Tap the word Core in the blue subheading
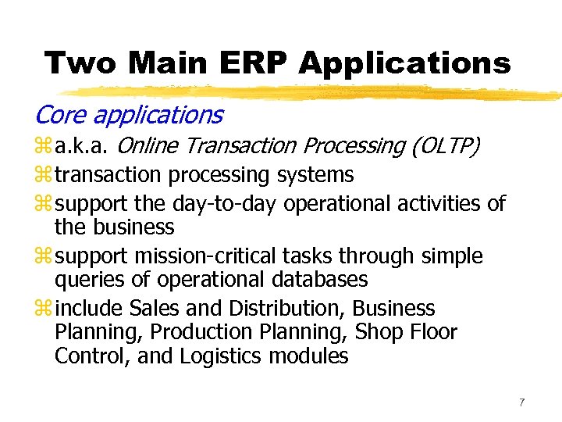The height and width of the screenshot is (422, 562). tap(61, 116)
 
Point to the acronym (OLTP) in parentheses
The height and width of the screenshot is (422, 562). tap(441, 146)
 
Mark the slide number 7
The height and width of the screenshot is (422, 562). tap(522, 402)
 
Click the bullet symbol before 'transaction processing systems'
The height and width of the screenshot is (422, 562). tap(41, 175)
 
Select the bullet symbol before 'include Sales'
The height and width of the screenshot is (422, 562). tap(41, 309)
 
